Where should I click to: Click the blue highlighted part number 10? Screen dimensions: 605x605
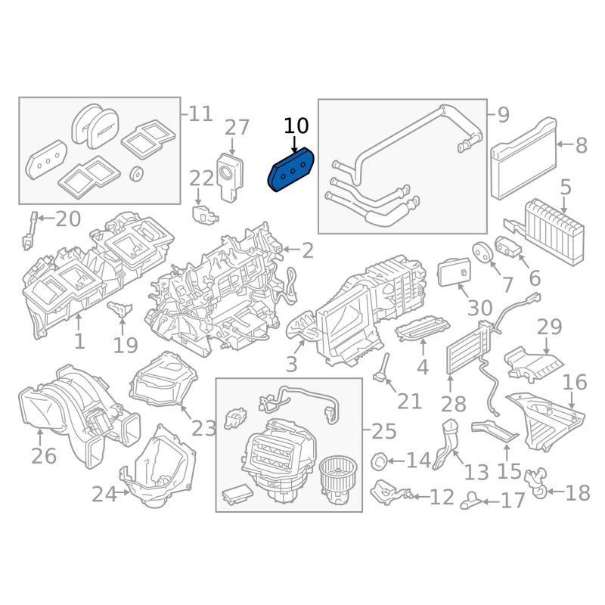tap(291, 169)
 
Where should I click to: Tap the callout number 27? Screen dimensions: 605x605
tap(237, 127)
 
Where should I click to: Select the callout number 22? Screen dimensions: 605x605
tap(201, 178)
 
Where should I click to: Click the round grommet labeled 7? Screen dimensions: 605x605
tap(482, 252)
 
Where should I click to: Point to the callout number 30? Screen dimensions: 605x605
tap(480, 309)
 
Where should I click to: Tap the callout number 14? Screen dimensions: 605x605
tap(419, 461)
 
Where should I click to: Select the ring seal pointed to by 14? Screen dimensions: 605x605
tap(379, 461)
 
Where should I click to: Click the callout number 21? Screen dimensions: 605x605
tap(409, 402)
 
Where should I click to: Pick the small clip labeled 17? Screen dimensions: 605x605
tap(470, 501)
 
